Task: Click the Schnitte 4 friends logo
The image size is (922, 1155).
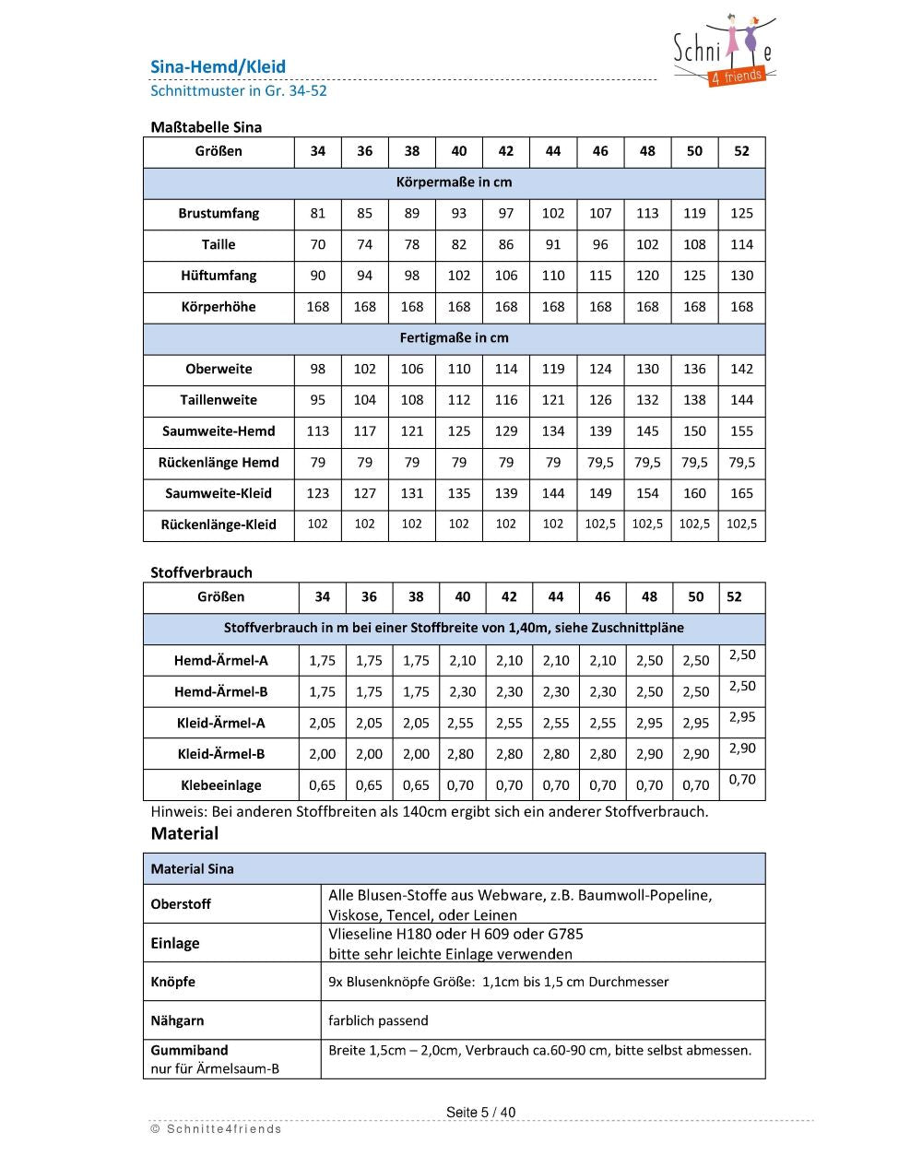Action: (725, 52)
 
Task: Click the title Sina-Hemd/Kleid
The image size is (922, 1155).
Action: (218, 66)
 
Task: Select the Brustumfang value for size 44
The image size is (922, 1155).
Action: (552, 213)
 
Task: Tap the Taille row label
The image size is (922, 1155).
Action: (219, 244)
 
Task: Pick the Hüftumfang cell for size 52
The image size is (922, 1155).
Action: (741, 276)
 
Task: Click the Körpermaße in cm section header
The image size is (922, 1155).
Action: (454, 183)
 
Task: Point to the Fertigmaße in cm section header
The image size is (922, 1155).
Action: (454, 337)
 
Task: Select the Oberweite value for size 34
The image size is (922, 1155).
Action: (317, 369)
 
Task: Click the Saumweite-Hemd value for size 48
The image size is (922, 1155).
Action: (647, 431)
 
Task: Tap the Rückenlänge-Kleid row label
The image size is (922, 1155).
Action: (219, 524)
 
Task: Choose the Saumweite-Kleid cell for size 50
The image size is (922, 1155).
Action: (694, 493)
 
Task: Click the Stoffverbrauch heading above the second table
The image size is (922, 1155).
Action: (201, 572)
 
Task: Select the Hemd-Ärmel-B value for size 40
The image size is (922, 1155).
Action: (462, 691)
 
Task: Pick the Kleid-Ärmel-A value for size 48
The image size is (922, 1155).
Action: (649, 723)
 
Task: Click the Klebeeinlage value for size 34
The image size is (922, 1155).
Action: (322, 785)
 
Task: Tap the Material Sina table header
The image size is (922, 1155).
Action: (193, 868)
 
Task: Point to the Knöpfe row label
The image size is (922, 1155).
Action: (173, 982)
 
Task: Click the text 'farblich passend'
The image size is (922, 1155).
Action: (378, 1020)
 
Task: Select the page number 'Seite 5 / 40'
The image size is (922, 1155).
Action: (480, 1112)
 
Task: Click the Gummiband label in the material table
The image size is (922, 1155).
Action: (189, 1050)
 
